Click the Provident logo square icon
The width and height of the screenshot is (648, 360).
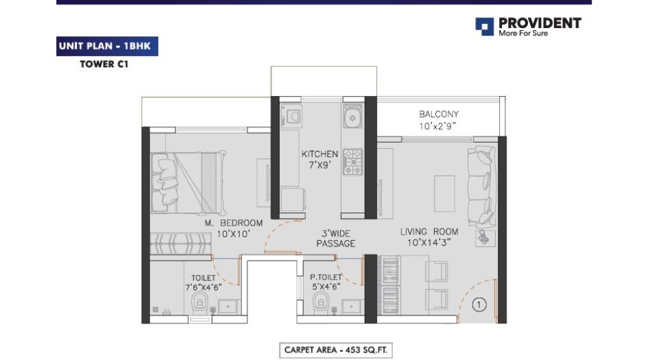pyautogui.click(x=484, y=27)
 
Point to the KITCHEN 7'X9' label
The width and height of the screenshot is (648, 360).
pyautogui.click(x=320, y=160)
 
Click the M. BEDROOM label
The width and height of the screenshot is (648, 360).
pyautogui.click(x=233, y=228)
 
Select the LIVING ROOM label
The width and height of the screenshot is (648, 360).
pyautogui.click(x=429, y=237)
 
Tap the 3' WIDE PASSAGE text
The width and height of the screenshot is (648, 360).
pyautogui.click(x=335, y=238)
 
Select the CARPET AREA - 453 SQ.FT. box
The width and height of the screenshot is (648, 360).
pyautogui.click(x=336, y=350)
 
